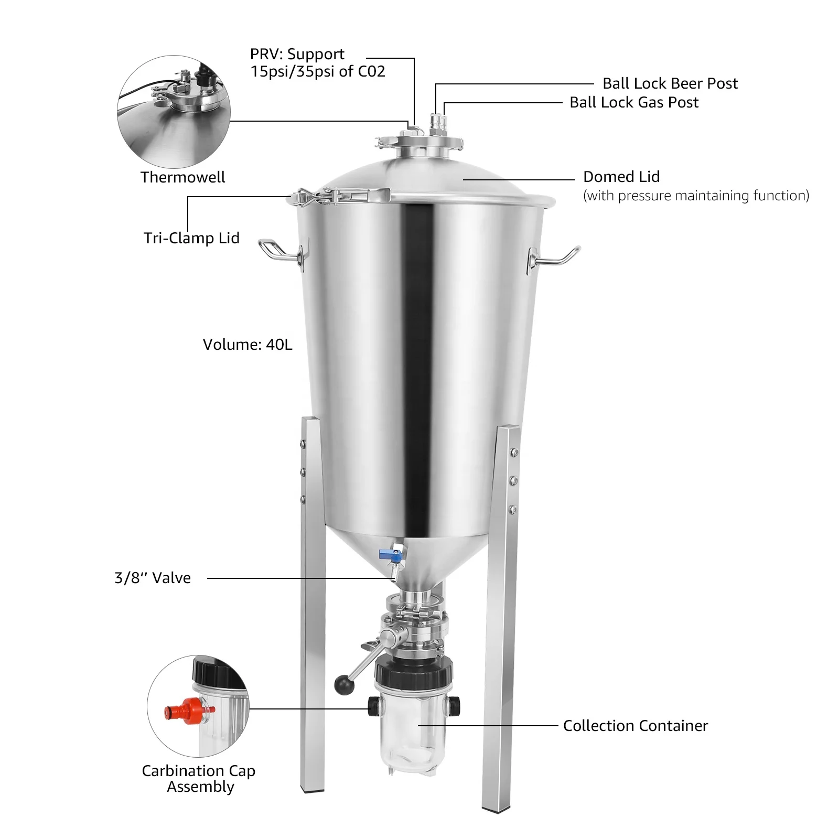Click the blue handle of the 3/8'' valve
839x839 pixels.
386,552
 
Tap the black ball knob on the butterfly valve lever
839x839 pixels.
344,685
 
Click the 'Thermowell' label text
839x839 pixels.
182,177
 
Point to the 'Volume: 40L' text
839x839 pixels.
247,345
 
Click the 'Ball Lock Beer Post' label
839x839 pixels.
670,83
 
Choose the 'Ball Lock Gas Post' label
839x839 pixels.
633,102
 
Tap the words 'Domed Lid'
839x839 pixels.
621,177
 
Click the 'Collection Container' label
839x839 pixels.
635,726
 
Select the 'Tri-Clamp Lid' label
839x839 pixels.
191,238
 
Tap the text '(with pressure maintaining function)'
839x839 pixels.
696,196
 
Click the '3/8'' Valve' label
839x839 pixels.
153,578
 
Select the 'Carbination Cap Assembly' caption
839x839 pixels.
199,778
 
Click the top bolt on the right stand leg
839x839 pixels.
514,453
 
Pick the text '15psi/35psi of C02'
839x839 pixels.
317,71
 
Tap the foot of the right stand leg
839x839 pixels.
497,808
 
